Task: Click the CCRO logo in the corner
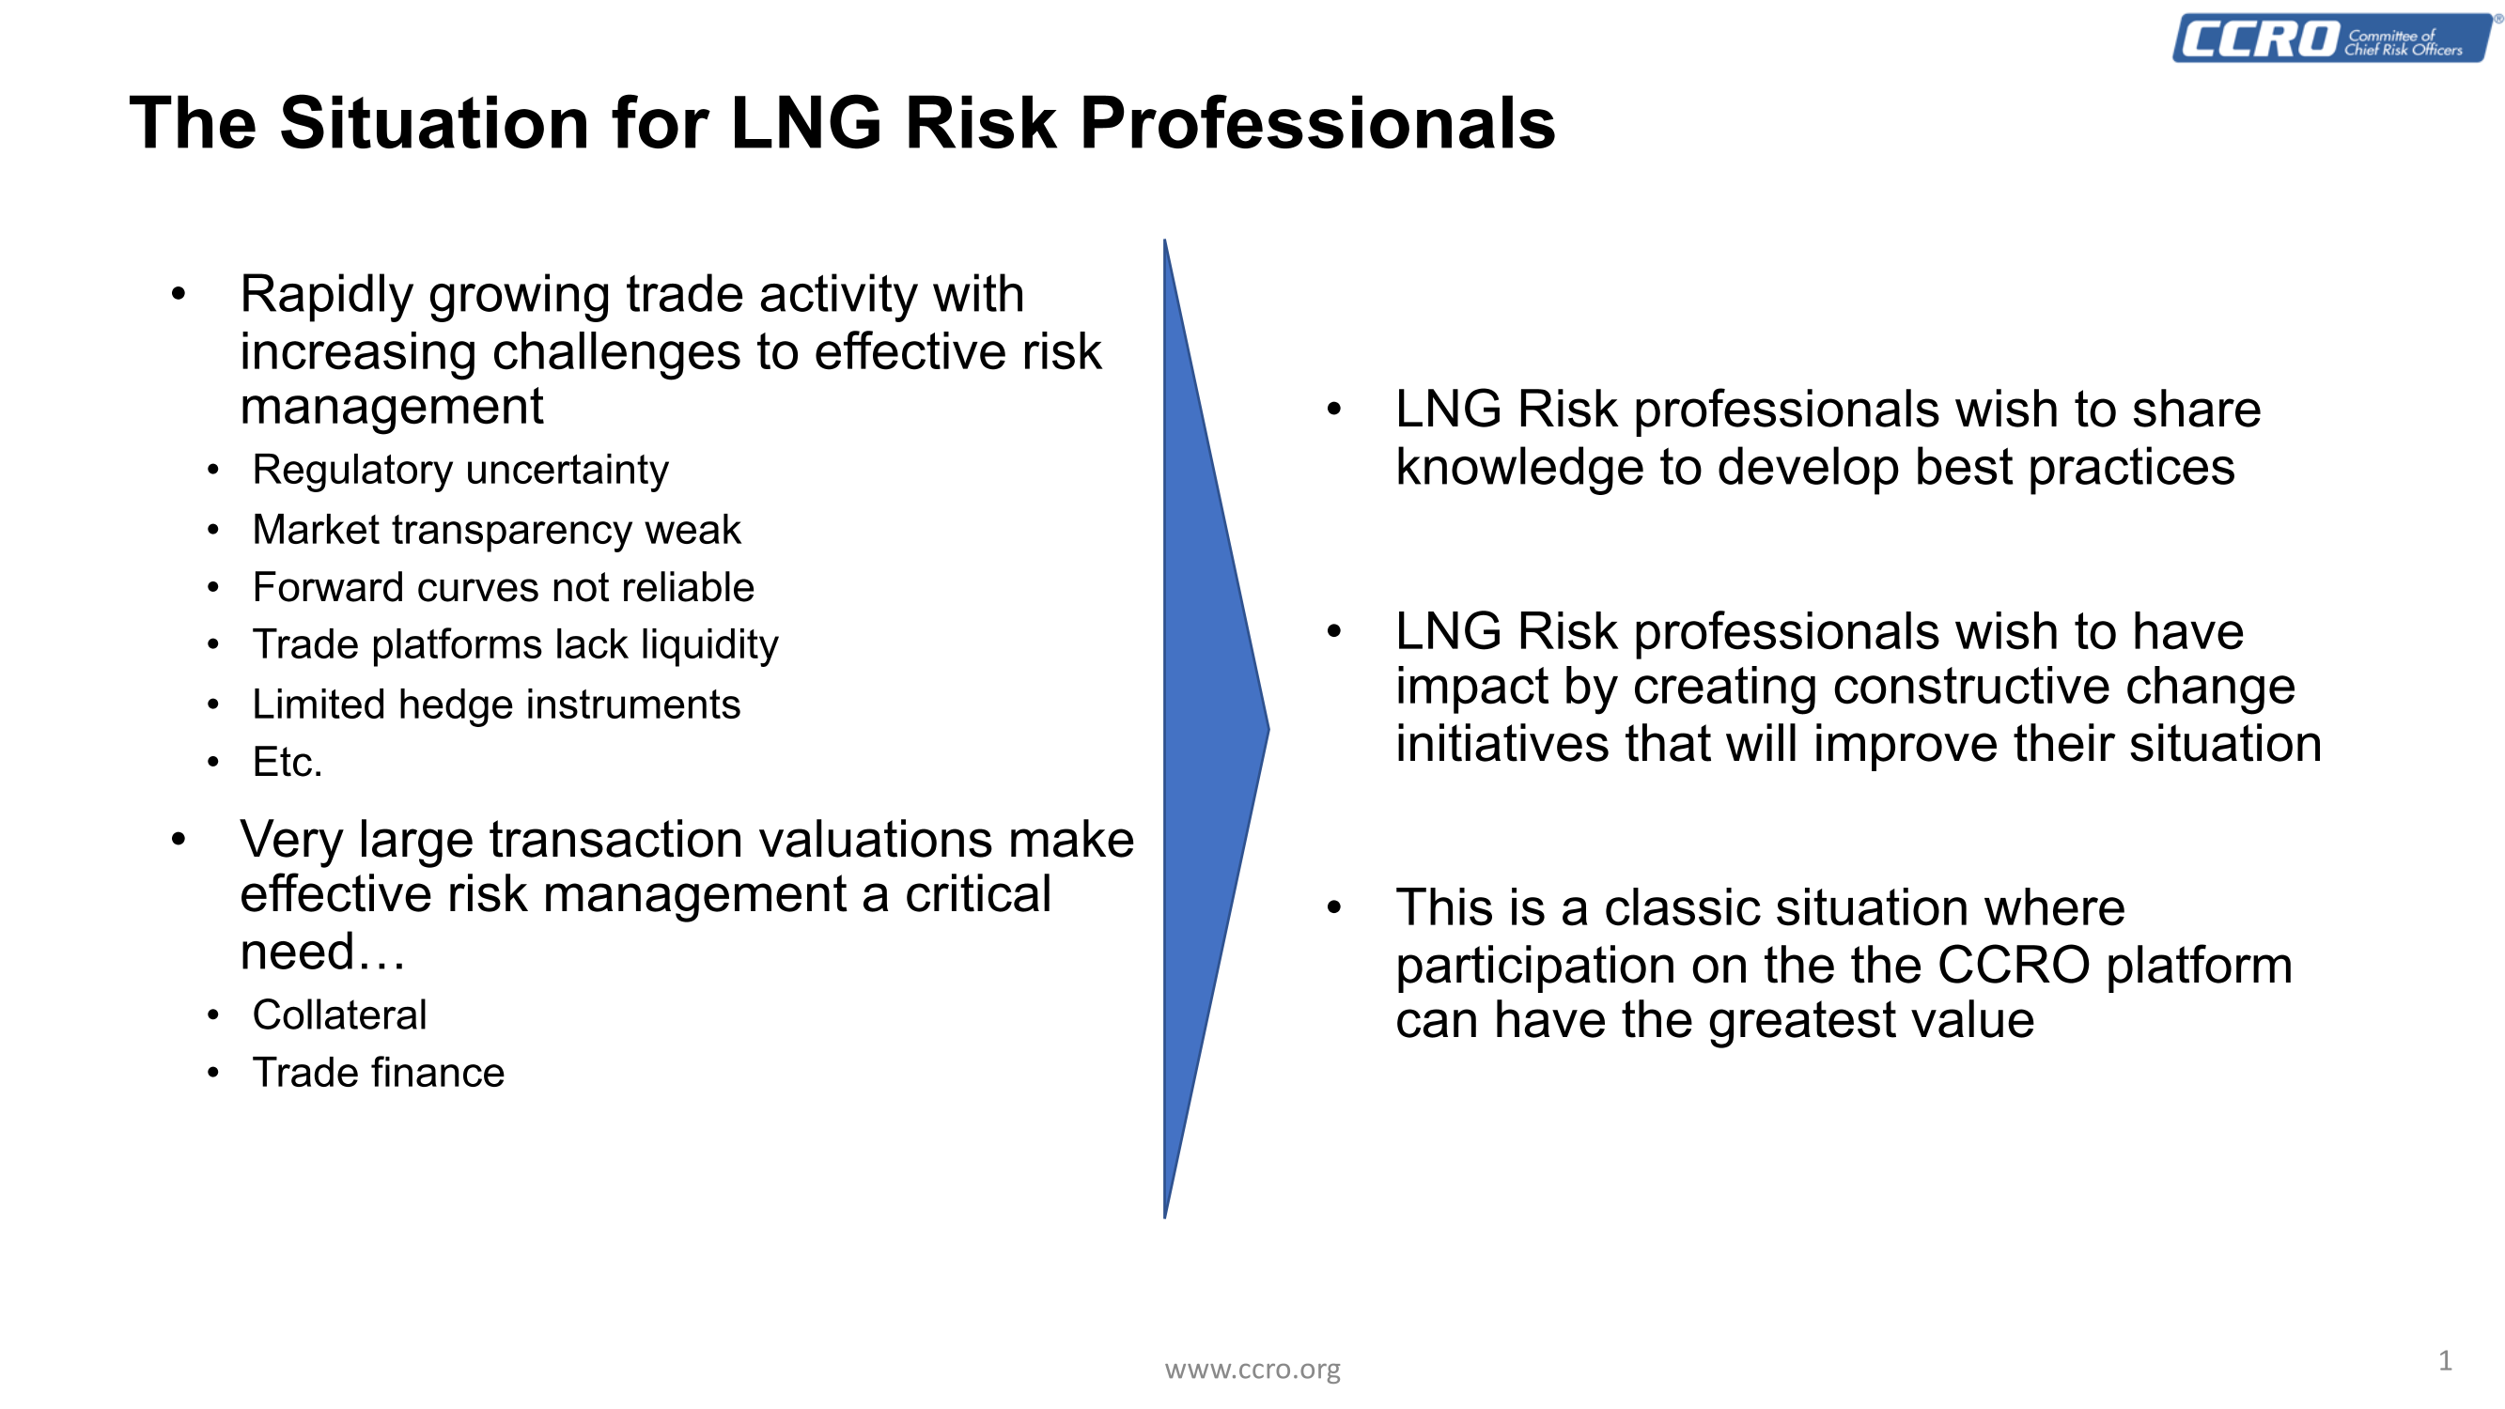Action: point(2334,38)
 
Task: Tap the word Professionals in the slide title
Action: point(1317,123)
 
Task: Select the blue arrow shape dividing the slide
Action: point(1216,728)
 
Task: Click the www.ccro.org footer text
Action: point(1252,1370)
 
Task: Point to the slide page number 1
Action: point(2445,1360)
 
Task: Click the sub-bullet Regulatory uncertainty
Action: point(460,471)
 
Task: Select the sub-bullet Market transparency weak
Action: point(496,530)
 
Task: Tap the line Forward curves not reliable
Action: point(503,587)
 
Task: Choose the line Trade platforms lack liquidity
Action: point(516,645)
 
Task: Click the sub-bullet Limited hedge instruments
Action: point(496,704)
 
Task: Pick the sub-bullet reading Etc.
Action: point(287,763)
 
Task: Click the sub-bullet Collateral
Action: point(339,1015)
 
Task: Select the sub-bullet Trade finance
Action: point(379,1073)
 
